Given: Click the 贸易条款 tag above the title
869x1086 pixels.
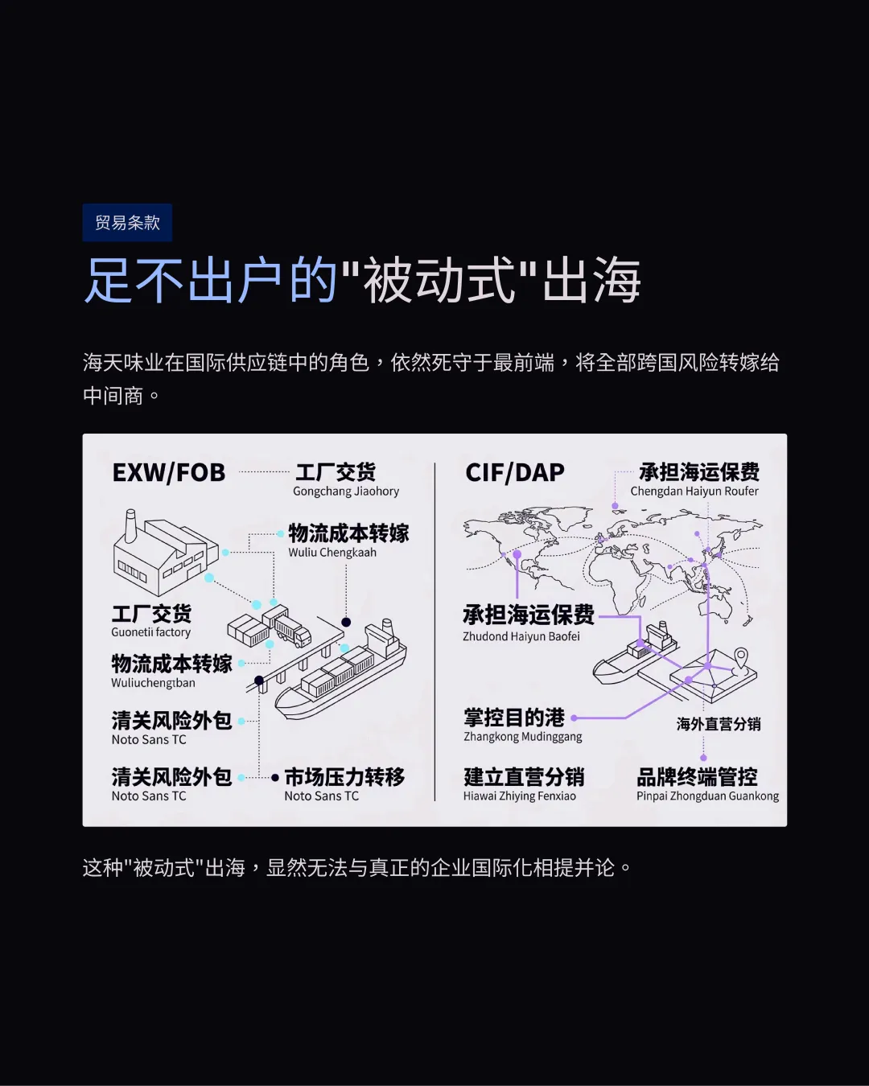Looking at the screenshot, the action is point(127,223).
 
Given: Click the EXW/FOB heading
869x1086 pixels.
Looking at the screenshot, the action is point(169,472).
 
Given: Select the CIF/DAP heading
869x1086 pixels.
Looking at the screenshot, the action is point(515,472).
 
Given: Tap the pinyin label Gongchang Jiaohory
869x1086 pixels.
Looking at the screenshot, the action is point(346,492).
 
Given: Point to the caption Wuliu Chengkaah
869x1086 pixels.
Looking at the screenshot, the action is point(332,553).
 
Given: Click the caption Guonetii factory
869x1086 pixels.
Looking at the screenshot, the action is point(150,632).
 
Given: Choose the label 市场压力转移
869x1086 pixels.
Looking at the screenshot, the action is point(344,776).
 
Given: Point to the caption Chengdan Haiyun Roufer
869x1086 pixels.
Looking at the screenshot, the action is point(694,492).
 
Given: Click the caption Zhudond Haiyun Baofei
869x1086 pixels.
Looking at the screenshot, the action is point(521,636).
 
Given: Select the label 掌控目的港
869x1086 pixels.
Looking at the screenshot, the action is point(514,717).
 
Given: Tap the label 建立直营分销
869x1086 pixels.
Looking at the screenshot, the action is point(524,776).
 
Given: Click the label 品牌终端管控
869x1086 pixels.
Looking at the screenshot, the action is point(697,776).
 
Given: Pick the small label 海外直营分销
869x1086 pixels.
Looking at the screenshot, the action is point(719,724).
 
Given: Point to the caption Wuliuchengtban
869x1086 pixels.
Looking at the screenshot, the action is point(153,683).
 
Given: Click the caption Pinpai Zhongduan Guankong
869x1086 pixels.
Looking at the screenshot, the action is point(707,796).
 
